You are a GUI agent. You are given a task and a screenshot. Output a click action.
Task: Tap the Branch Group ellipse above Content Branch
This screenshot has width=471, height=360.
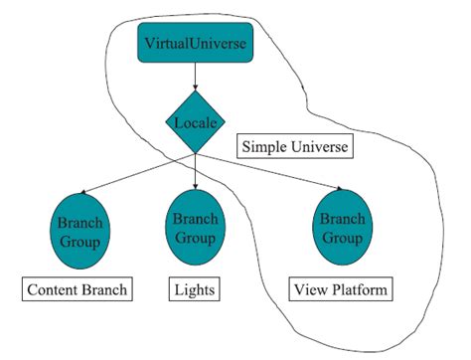click(x=82, y=230)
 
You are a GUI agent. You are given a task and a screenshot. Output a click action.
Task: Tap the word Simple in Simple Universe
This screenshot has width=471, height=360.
click(x=265, y=148)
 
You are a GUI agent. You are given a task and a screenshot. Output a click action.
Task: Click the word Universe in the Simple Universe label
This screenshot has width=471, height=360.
click(x=320, y=148)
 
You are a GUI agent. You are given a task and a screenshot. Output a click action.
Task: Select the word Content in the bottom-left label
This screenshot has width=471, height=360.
click(x=57, y=290)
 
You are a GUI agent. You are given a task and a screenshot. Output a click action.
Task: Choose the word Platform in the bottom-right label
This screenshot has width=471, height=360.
click(x=359, y=290)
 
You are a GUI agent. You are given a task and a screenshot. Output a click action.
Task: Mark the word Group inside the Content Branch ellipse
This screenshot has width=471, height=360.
click(x=82, y=240)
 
